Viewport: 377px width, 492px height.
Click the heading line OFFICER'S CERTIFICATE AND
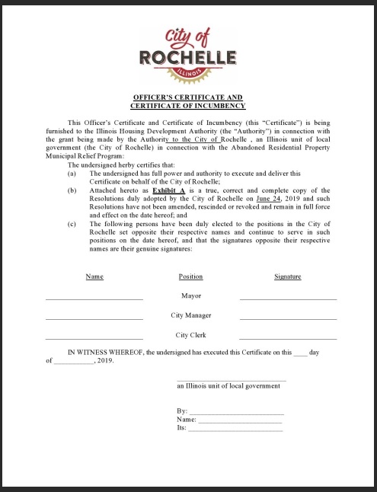coord(188,97)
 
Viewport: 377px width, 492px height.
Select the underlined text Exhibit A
coord(169,190)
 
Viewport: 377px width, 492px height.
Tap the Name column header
coord(94,276)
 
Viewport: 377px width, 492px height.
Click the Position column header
coord(190,276)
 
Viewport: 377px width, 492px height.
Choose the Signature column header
coord(287,276)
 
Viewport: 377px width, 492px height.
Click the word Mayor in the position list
coord(190,296)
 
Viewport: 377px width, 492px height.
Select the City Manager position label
coord(190,315)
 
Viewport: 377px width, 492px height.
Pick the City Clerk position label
coord(190,335)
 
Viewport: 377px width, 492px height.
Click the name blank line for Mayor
coord(94,299)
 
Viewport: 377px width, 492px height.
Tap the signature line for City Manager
coord(287,318)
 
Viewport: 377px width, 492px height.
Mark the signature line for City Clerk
coord(287,338)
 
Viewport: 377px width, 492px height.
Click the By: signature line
coord(235,414)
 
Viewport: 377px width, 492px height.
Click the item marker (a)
coord(72,174)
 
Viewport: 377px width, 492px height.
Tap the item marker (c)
coord(72,224)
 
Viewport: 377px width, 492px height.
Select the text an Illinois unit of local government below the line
coord(228,386)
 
